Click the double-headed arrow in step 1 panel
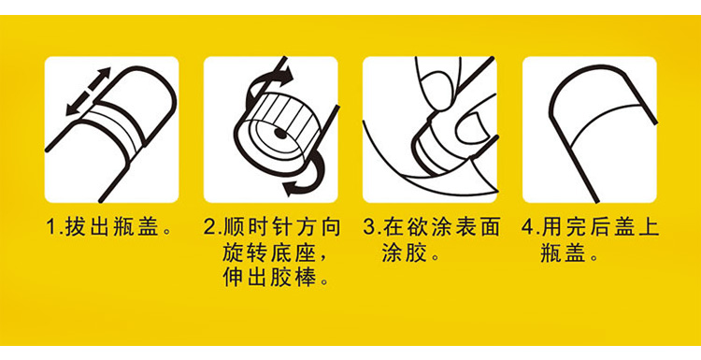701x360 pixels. click(x=88, y=92)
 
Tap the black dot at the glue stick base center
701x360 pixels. click(x=279, y=133)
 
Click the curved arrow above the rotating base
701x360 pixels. click(x=267, y=80)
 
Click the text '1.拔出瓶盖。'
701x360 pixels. click(x=109, y=228)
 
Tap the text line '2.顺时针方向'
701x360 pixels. click(x=272, y=228)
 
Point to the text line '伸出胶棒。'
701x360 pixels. click(x=278, y=279)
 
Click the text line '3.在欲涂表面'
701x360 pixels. click(x=432, y=228)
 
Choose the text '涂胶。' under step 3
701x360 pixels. click(x=409, y=254)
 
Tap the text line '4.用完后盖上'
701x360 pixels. click(x=591, y=228)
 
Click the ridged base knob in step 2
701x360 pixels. click(x=282, y=129)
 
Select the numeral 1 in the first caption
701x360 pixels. click(x=51, y=228)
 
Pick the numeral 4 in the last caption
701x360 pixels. click(x=528, y=228)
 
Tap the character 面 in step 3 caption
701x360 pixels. click(x=490, y=228)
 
